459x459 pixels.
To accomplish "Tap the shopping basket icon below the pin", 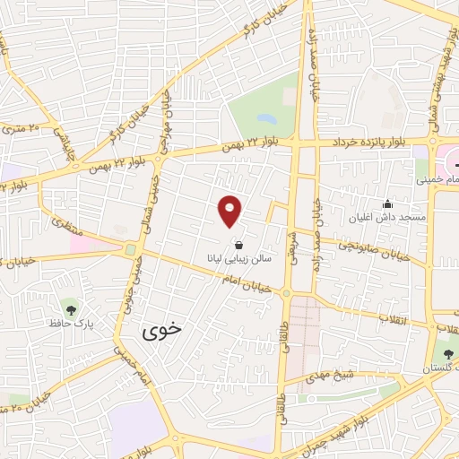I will (238, 244).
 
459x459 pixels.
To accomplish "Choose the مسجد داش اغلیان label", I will (395, 217).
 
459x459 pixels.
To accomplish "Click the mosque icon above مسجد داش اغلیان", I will (387, 204).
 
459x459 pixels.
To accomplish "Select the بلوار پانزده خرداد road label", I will (368, 142).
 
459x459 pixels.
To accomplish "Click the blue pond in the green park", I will (266, 117).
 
